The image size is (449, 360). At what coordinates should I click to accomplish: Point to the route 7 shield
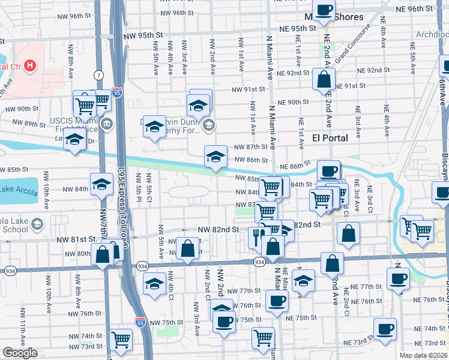[x=97, y=75]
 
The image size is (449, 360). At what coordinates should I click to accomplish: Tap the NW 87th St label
[x=250, y=147]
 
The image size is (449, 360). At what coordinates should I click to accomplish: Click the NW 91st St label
[x=249, y=89]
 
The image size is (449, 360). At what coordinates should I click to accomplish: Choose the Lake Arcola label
[x=14, y=191]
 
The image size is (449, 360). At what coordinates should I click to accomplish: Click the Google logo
[x=20, y=353]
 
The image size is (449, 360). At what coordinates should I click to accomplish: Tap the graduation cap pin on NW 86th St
[x=215, y=157]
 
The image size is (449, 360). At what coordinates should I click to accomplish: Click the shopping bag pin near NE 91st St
[x=324, y=80]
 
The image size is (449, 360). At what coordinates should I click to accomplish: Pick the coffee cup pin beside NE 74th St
[x=385, y=329]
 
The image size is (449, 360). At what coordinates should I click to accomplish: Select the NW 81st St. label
[x=76, y=239]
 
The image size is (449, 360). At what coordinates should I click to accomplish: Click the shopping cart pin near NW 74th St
[x=122, y=340]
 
